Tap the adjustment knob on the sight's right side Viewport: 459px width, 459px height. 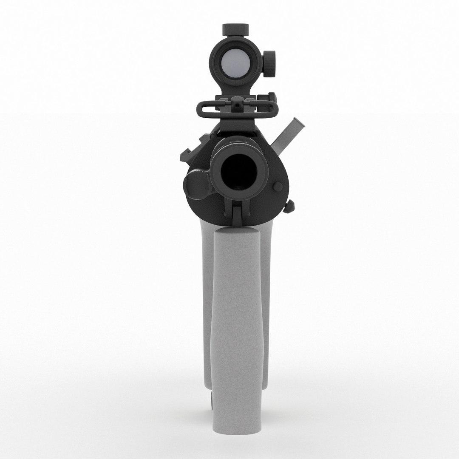(x=269, y=64)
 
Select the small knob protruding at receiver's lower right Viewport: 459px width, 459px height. (x=290, y=207)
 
